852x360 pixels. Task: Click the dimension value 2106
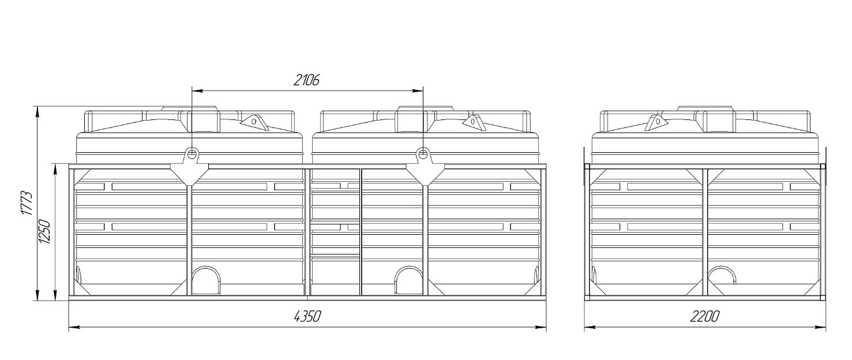point(306,80)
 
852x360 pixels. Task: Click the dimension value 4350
point(307,316)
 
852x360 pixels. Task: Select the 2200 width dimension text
point(705,316)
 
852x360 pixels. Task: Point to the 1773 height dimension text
point(27,203)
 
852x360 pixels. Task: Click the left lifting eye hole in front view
point(192,153)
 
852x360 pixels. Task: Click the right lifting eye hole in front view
point(423,153)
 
